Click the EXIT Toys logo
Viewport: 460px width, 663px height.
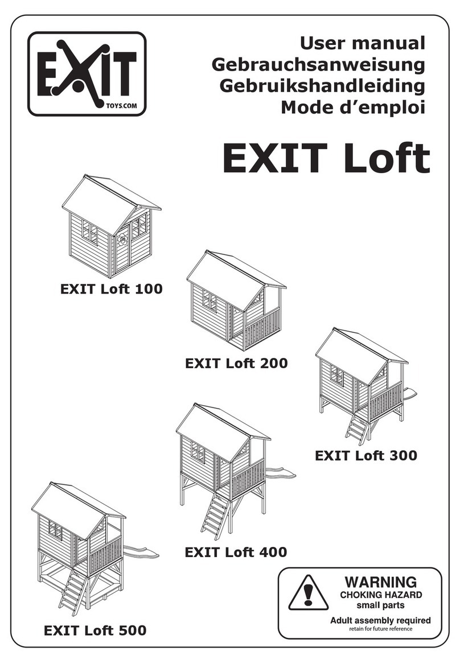[x=87, y=74]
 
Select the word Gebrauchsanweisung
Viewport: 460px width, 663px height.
[x=318, y=64]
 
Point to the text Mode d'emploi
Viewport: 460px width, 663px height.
[x=352, y=107]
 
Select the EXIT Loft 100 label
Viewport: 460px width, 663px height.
[x=111, y=289]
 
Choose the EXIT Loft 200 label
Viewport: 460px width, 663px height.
[x=236, y=363]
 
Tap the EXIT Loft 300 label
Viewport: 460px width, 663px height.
[x=365, y=455]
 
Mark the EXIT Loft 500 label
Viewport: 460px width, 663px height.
[x=95, y=630]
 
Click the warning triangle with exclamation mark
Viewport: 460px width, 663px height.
[x=308, y=592]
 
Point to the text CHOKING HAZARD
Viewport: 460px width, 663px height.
[x=380, y=595]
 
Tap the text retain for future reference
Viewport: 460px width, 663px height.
[x=380, y=629]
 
